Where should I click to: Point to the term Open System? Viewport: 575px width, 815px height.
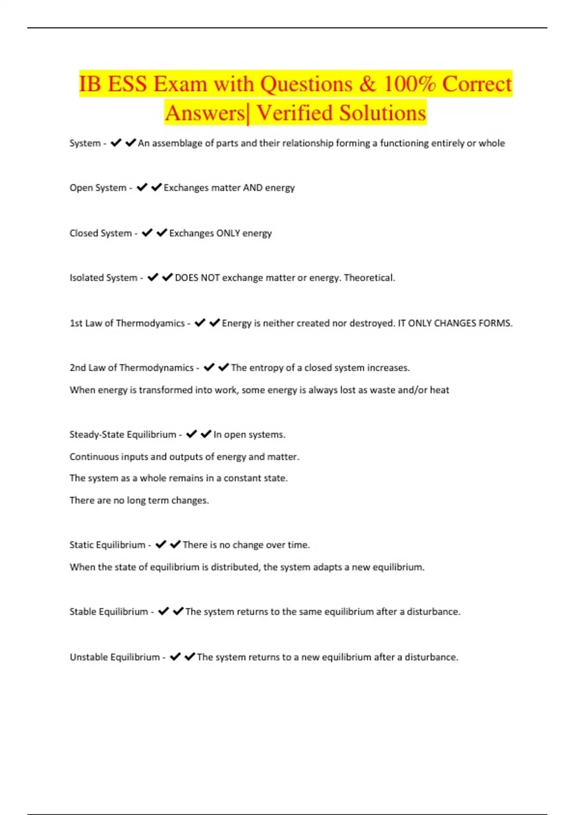click(x=98, y=188)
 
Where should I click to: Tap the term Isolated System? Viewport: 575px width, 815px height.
click(x=103, y=278)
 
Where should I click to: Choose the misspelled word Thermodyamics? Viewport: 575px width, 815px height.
click(x=150, y=324)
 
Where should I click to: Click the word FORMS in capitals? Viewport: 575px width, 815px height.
click(x=496, y=324)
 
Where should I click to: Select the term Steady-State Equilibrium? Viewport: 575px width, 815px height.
click(x=123, y=435)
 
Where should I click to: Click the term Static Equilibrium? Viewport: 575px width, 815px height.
click(x=107, y=545)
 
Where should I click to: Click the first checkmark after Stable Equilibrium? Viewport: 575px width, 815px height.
click(x=163, y=611)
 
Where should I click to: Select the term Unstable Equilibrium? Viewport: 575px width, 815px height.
click(x=115, y=657)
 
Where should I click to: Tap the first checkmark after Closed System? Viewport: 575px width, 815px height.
click(x=147, y=233)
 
